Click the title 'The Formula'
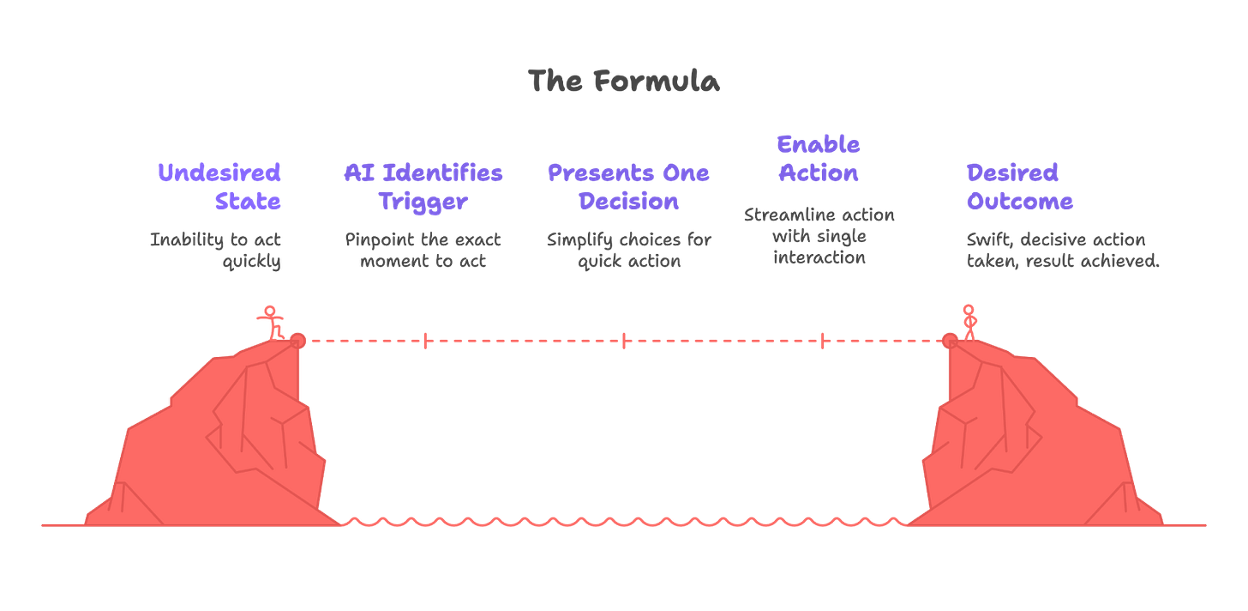(623, 82)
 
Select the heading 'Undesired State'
(219, 186)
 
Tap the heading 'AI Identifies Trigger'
(423, 186)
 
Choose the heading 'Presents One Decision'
(628, 186)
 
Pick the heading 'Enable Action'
(818, 159)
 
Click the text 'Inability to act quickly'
(215, 251)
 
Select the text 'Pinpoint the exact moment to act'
(423, 251)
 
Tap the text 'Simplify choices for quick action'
(629, 251)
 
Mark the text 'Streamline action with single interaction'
(819, 236)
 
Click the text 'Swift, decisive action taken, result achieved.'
(1063, 251)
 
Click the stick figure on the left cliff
(272, 322)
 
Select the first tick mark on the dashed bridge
(426, 342)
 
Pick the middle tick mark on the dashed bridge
(624, 342)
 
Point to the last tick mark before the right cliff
(823, 342)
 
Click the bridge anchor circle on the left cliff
(297, 342)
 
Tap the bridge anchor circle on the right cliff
(948, 342)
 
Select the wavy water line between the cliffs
(623, 521)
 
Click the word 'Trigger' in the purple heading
(423, 201)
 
